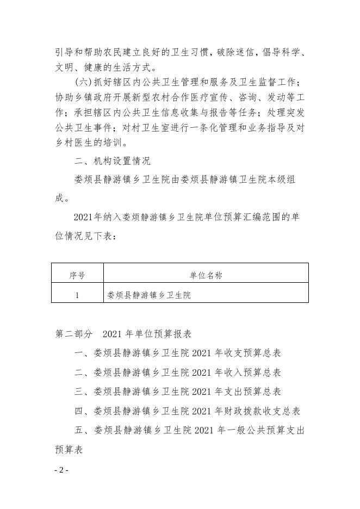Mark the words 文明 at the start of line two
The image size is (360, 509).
(64, 69)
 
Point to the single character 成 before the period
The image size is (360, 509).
(59, 198)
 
